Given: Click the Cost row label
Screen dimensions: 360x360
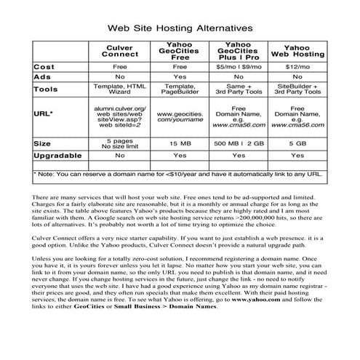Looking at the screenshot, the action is click(45, 66).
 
